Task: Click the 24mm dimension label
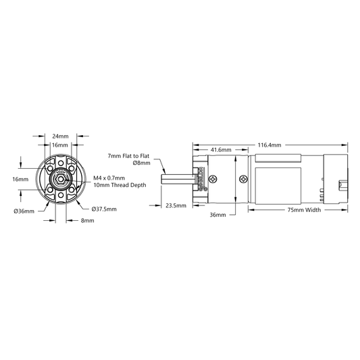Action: (x=60, y=136)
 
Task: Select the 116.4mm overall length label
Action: (x=269, y=145)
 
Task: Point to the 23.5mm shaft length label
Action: (x=176, y=205)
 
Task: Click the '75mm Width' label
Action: (x=304, y=210)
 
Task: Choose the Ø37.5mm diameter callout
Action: (x=104, y=209)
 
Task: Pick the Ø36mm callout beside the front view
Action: (x=24, y=211)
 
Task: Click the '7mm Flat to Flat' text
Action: (x=128, y=156)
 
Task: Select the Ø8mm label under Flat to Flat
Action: (x=141, y=163)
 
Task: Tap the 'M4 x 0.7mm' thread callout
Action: (x=109, y=178)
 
